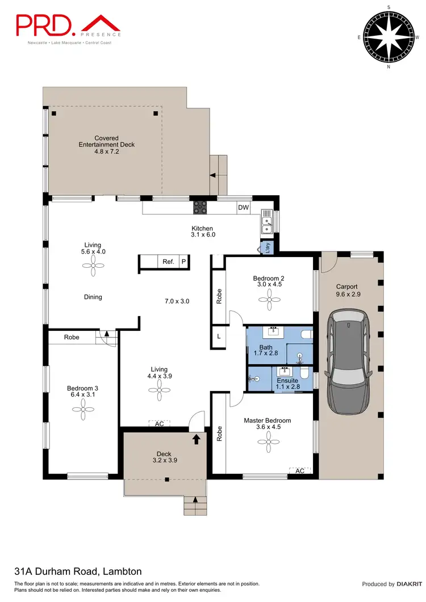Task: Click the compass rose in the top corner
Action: click(389, 37)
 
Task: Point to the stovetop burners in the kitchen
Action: click(200, 208)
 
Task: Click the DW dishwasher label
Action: click(244, 208)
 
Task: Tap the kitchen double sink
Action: click(267, 221)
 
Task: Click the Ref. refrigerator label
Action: click(168, 262)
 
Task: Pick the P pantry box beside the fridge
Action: click(183, 262)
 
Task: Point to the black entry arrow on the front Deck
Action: click(197, 439)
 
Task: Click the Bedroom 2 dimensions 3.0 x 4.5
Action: click(268, 286)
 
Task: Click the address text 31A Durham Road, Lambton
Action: click(77, 571)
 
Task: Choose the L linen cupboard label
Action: click(219, 336)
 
